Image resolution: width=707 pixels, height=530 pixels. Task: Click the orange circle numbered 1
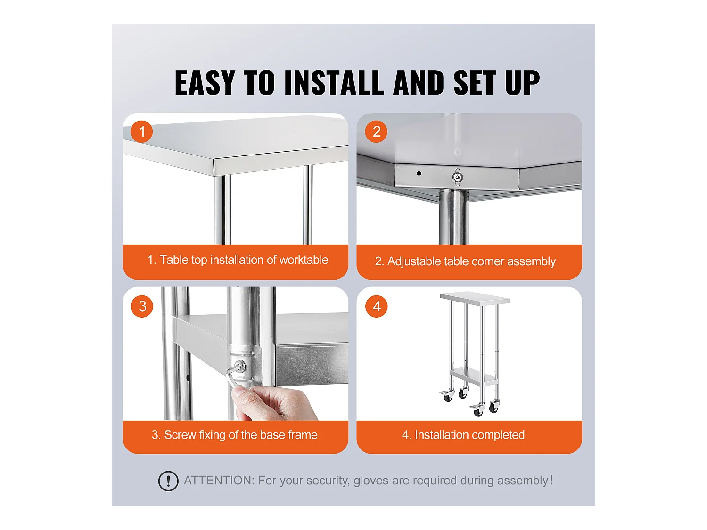[141, 131]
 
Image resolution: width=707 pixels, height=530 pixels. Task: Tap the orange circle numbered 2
[376, 131]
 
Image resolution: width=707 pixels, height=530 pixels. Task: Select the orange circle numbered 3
[142, 306]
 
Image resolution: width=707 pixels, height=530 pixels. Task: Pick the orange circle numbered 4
[377, 306]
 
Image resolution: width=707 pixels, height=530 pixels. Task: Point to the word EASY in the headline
[205, 83]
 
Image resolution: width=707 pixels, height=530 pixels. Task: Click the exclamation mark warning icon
[168, 481]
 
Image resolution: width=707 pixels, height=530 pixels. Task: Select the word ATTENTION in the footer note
[219, 481]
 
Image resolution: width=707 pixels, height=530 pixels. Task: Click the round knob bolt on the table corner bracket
[457, 177]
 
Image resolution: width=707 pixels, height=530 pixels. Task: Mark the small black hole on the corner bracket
[419, 173]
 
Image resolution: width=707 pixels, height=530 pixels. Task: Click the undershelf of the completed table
[474, 376]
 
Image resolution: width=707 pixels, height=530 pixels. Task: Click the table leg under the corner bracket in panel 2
[453, 217]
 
